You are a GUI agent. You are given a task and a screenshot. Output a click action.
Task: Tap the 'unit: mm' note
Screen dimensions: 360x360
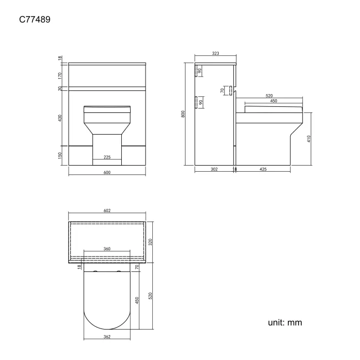284,322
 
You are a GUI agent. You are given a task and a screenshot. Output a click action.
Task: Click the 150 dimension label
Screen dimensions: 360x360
60,156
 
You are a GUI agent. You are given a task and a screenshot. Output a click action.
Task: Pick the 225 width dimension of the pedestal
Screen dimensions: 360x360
107,157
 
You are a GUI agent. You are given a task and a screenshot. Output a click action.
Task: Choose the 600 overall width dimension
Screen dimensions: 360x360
107,173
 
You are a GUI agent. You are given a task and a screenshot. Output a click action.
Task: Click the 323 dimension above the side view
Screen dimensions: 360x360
215,54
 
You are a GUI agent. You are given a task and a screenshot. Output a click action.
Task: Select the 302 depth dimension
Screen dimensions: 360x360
214,169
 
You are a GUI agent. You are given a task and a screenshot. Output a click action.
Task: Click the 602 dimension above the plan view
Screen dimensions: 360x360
107,210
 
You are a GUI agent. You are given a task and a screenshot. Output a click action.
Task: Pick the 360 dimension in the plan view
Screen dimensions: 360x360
107,249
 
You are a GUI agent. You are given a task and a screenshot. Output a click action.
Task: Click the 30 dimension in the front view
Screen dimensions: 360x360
60,88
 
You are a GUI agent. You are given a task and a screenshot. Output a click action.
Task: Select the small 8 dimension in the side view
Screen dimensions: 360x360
235,169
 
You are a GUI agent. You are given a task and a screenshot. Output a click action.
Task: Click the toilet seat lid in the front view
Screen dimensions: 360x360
107,109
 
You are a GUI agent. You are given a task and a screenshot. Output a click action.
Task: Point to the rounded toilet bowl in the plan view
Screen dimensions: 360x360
107,299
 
